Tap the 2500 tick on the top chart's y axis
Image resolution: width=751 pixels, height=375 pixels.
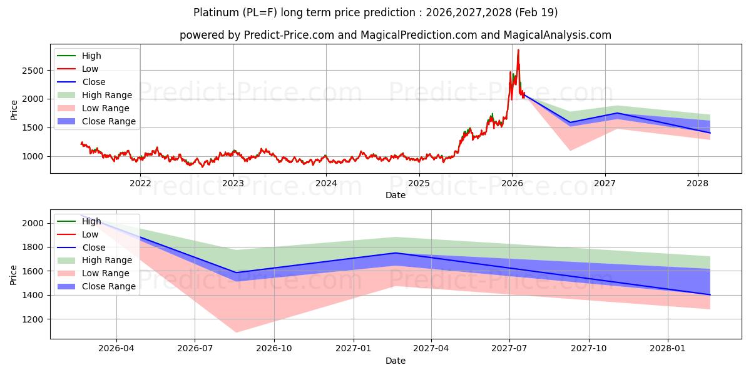click(34, 71)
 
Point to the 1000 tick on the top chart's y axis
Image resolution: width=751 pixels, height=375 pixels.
click(34, 156)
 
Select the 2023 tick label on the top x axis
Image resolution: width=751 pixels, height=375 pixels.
click(233, 183)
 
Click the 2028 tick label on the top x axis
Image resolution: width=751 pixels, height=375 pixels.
click(698, 183)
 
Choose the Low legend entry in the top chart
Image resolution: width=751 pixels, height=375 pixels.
click(90, 69)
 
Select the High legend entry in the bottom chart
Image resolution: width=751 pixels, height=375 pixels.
click(91, 221)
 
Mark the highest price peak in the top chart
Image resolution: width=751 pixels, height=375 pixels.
click(518, 50)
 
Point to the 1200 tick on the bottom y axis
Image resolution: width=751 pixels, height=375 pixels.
click(34, 319)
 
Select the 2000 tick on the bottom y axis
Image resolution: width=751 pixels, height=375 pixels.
click(34, 223)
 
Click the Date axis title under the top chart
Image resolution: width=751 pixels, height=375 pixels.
click(395, 195)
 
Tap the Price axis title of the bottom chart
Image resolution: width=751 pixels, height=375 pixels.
click(14, 274)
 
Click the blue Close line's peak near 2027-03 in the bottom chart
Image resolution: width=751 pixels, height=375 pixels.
click(395, 253)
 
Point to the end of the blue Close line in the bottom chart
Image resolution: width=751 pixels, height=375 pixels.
click(710, 294)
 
